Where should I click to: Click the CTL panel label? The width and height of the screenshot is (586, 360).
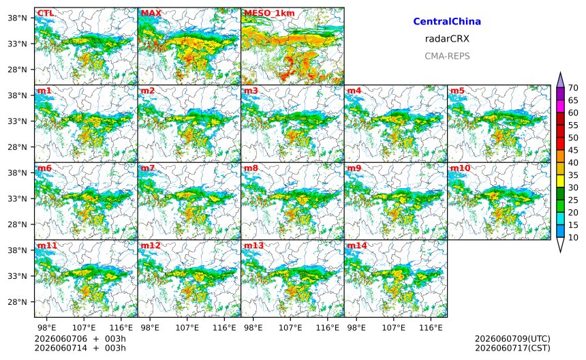coord(46,13)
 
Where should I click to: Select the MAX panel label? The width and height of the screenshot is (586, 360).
coord(151,13)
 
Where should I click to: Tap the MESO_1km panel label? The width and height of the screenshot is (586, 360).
coord(269,14)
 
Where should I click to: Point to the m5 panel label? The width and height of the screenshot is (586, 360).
coord(457,91)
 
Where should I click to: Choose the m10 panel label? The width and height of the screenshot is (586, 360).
coord(460,168)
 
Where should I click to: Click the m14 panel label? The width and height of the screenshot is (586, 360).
coord(357,245)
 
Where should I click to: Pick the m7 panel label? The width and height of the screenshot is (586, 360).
coord(148,168)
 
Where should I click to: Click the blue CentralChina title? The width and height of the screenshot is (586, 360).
coord(447,21)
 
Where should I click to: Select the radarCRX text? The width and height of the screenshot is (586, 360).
coord(447,38)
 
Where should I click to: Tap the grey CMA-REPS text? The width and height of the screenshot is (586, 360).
coord(447,56)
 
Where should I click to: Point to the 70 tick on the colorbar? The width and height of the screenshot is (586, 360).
coord(573,88)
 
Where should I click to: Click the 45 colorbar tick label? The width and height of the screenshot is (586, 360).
coord(573,150)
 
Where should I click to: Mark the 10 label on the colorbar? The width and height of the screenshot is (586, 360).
coord(573,237)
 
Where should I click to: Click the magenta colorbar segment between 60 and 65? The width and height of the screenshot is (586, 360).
coord(560,106)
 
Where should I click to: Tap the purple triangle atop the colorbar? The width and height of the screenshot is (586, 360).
coord(560,80)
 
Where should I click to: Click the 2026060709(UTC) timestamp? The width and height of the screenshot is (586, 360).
coord(512,339)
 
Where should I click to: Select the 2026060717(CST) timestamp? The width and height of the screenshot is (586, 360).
coord(512,348)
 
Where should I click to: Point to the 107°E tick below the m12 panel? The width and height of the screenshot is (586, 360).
coord(187,328)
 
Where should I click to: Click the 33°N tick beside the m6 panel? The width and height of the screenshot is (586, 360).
coord(18,198)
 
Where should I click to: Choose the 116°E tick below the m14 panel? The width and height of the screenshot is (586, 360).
coord(431,328)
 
